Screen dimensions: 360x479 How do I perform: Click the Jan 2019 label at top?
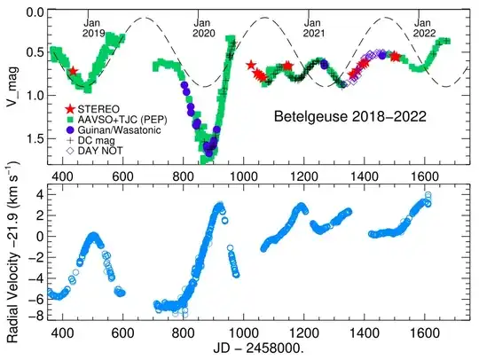[93, 27]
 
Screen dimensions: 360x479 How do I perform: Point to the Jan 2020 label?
[204, 27]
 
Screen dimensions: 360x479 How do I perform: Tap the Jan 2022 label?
[423, 27]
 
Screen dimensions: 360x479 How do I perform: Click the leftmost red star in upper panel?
[74, 71]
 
